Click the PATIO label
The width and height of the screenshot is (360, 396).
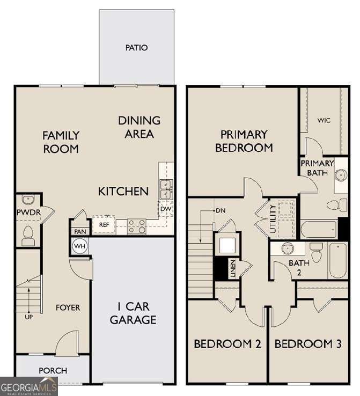point(136,48)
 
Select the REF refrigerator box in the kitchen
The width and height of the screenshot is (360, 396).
point(104,225)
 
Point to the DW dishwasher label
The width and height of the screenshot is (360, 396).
point(165,209)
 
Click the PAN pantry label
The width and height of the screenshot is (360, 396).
point(80,232)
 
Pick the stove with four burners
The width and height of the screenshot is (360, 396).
point(137,226)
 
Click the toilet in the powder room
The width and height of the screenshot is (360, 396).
point(28,235)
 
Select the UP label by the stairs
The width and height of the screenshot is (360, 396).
point(28,318)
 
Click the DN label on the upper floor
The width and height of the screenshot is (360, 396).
point(220,210)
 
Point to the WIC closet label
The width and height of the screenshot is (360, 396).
point(324,120)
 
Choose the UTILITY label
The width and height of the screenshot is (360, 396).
point(273,218)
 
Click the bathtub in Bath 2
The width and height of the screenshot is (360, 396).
point(337,260)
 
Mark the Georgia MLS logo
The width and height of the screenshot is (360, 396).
point(28,386)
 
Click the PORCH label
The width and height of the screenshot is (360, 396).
point(53,370)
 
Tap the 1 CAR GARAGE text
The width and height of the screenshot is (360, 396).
point(133,314)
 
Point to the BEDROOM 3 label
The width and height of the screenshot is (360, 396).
point(308,343)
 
